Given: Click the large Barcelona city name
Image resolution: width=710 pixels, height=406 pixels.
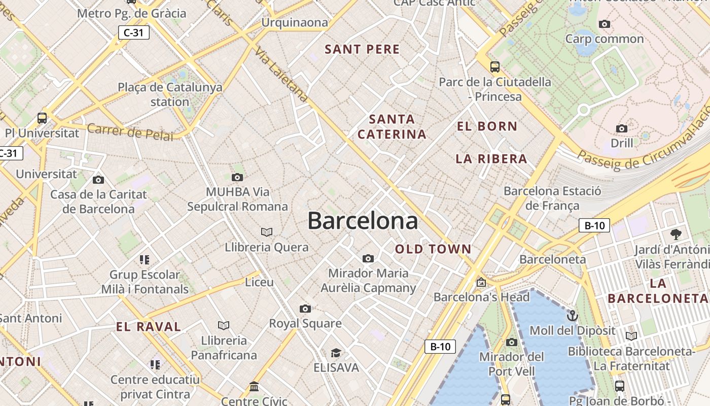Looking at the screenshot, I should pos(363,221).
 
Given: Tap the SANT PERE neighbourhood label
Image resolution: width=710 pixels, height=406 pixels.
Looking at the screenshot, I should pos(362,49).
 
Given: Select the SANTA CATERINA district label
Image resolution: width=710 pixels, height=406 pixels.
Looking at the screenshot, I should pos(392,127).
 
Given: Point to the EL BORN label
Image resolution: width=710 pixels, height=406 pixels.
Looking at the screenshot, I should pos(487,126).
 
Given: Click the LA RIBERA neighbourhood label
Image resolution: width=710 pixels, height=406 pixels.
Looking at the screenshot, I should pos(491,159).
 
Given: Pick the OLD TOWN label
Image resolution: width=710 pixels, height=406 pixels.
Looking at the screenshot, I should pos(433,249).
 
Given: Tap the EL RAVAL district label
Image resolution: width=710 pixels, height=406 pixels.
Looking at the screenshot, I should pos(149,327).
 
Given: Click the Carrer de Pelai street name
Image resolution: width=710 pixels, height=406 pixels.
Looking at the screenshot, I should pos(130,132).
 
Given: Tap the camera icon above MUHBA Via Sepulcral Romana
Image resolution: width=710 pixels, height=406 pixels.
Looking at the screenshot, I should pos(237,177).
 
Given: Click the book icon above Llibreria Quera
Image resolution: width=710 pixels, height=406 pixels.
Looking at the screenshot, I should pos(267,232).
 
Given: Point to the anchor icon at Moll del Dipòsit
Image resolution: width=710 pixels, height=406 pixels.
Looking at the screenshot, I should pos(572,316).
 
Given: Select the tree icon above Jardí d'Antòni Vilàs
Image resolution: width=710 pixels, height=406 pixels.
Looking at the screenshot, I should pos(676,234).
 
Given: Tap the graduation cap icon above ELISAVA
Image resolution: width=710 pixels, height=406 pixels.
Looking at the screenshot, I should pos(336,353).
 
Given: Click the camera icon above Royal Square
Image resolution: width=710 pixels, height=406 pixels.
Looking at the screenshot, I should pos(305,309).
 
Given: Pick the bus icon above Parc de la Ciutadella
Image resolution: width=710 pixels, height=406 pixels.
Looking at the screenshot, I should pos(494,66).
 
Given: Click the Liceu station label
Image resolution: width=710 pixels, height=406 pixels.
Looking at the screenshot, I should pos(259,282).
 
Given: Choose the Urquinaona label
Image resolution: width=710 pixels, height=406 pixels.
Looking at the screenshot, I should pos(295,23).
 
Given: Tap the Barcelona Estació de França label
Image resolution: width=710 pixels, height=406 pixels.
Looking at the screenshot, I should pos(552,198).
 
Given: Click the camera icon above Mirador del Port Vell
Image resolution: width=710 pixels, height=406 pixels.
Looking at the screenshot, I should pos(511,342).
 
